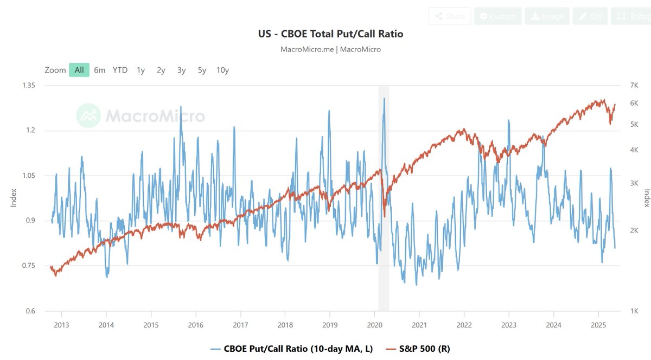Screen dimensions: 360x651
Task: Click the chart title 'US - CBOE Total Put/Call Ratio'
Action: tap(330, 34)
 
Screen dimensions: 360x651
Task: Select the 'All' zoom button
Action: tap(79, 70)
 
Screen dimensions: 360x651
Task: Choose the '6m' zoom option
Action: tap(99, 70)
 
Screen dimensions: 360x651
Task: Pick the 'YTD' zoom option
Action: tap(120, 70)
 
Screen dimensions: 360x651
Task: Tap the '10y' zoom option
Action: tap(222, 70)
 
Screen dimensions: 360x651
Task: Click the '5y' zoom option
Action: tap(202, 70)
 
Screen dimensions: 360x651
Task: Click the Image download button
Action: tap(546, 16)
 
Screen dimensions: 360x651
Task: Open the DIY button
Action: tap(590, 16)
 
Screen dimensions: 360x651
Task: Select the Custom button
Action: tap(497, 16)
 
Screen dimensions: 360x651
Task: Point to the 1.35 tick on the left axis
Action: tap(28, 86)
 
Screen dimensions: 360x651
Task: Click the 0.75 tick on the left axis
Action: tap(28, 266)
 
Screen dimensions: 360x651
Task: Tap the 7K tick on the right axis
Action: tap(634, 86)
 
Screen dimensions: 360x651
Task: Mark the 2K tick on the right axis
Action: tap(634, 231)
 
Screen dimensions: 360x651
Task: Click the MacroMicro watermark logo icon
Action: tap(88, 115)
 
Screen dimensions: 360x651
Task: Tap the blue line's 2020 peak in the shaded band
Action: tap(384, 99)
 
